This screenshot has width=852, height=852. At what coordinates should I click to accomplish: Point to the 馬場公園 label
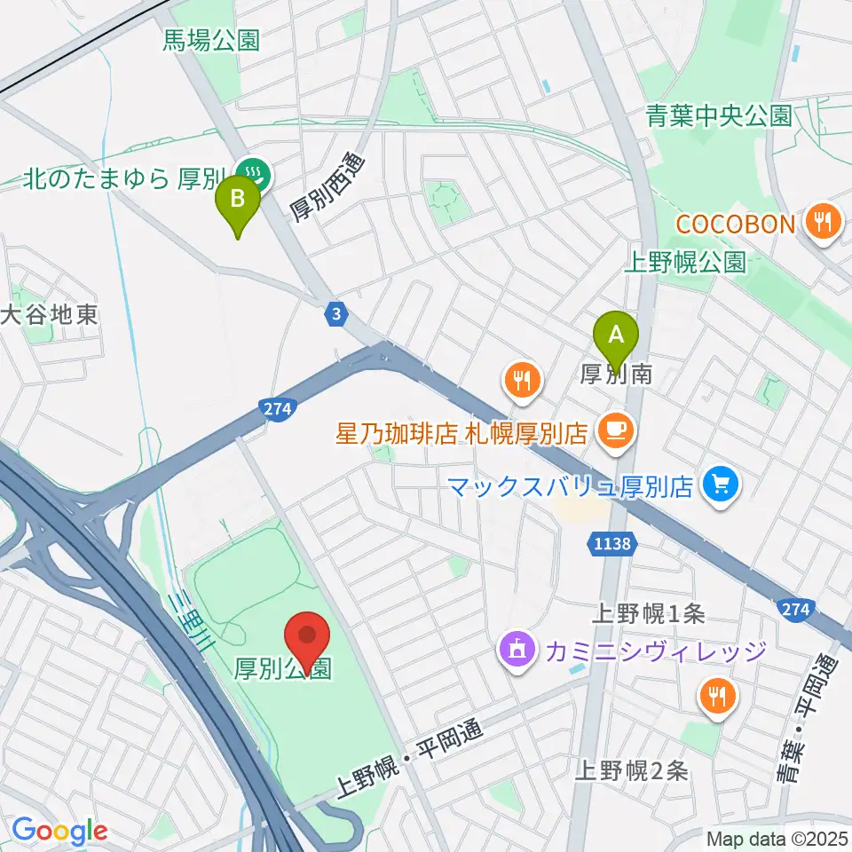[211, 40]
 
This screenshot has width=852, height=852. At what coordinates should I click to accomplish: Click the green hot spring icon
[255, 170]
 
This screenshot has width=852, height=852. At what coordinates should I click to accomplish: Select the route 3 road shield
[335, 313]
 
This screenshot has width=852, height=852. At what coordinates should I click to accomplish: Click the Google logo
[59, 831]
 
